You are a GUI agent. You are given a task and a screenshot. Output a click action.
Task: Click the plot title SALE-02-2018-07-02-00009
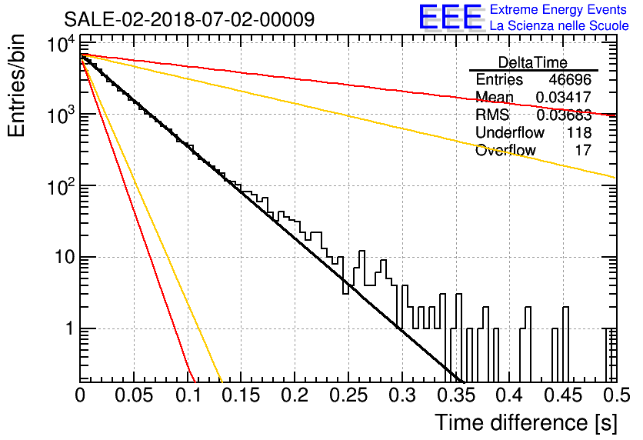point(189,19)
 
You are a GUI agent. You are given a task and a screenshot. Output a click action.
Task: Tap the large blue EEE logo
point(450,17)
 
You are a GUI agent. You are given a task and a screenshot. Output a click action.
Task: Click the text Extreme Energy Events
point(558,9)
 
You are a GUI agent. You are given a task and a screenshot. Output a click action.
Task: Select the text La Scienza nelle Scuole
point(559,25)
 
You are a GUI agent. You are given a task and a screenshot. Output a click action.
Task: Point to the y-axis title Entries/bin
point(16,85)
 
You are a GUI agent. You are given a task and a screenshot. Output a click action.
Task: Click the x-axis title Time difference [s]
point(526,423)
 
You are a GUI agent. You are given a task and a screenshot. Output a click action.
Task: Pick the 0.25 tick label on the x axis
point(348,395)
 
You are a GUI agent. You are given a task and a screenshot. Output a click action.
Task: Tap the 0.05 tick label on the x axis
point(134,395)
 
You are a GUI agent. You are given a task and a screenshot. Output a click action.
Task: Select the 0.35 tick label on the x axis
point(455,395)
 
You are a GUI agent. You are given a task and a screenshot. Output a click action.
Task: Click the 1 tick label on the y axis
point(71,328)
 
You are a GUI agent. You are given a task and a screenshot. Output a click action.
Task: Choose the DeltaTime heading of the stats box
point(532,62)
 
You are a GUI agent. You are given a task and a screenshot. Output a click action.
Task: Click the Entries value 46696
point(570,79)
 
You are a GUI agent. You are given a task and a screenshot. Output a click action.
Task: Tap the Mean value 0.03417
point(564,97)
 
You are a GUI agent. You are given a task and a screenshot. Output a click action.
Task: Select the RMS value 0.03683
point(564,115)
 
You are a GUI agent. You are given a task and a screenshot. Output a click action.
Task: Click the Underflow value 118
point(579,132)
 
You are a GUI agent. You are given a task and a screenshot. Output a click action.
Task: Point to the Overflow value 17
point(583,150)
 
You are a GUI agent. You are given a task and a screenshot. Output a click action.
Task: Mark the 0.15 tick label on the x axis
point(241,395)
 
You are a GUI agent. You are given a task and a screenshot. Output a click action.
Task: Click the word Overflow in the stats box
point(505,150)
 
